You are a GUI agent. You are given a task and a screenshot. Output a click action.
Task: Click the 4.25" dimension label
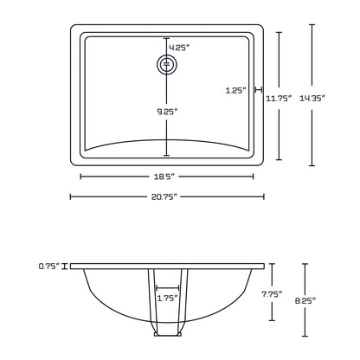[179, 47]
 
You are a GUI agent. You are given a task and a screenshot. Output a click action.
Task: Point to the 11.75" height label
[280, 99]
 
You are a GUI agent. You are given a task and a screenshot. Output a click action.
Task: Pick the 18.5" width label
[167, 177]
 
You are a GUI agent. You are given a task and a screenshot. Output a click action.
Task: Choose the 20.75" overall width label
[165, 197]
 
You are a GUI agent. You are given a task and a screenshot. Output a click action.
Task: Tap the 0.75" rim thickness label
[48, 266]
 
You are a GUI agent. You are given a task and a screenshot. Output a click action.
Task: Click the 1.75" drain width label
[167, 298]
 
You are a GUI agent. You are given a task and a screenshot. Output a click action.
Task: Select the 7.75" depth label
[273, 294]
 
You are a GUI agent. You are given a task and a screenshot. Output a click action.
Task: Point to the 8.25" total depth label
[305, 301]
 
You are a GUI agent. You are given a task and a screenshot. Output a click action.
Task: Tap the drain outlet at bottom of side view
[167, 332]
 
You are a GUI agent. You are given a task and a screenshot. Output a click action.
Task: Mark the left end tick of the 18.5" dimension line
[81, 177]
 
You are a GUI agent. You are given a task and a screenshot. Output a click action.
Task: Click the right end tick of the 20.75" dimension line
[263, 197]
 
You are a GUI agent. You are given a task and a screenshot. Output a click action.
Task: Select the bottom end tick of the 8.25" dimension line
[305, 337]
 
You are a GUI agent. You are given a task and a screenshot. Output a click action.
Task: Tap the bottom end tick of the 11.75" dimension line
[279, 159]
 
